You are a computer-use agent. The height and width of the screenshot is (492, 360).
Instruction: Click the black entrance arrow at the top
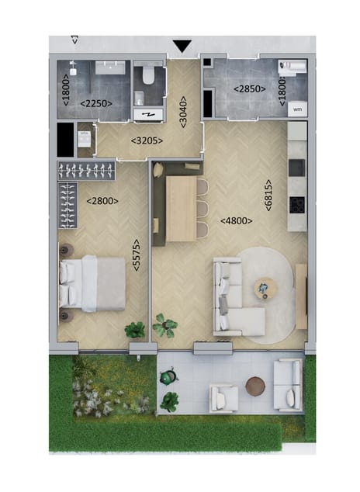[x=182, y=47]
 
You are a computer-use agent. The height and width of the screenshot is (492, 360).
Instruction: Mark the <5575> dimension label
[x=137, y=255]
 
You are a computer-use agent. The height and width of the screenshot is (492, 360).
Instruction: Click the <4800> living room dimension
[x=237, y=221]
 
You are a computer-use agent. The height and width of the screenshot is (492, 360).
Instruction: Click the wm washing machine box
[x=297, y=109]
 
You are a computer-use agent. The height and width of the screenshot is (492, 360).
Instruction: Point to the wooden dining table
[x=181, y=207]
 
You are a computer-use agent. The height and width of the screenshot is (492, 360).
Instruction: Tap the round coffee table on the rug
[x=266, y=289]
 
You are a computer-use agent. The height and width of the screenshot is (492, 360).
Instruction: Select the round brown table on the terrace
[x=254, y=385]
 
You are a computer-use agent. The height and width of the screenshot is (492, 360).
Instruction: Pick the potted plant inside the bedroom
[x=135, y=330]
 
